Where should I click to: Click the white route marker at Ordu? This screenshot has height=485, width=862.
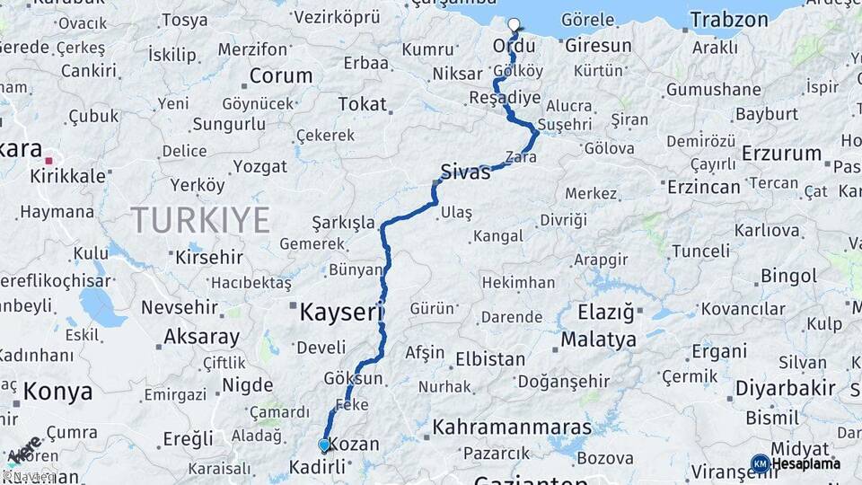(x=515, y=25)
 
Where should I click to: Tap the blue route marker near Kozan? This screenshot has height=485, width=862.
(x=324, y=444)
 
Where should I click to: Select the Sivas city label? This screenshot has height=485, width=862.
(x=465, y=172)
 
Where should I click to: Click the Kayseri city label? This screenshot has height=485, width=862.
(x=341, y=313)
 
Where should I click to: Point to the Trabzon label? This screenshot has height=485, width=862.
(x=729, y=20)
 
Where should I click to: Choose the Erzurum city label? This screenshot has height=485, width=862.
(x=782, y=153)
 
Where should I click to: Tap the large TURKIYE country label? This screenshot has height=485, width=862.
(x=200, y=219)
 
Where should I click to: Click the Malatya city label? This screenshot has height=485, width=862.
(x=599, y=339)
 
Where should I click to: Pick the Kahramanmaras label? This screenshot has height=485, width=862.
(x=512, y=427)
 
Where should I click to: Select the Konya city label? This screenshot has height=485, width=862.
(x=57, y=392)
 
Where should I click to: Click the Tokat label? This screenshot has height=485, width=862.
(x=362, y=104)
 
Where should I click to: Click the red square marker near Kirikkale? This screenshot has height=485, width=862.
(x=49, y=161)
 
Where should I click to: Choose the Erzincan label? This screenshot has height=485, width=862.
(x=704, y=187)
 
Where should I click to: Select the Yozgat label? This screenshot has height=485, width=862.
(x=259, y=166)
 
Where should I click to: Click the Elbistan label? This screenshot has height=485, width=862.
(x=490, y=359)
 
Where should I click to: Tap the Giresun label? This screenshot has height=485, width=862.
(x=599, y=45)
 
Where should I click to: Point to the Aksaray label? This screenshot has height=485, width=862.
(x=202, y=338)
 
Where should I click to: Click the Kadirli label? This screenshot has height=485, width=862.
(x=317, y=467)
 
